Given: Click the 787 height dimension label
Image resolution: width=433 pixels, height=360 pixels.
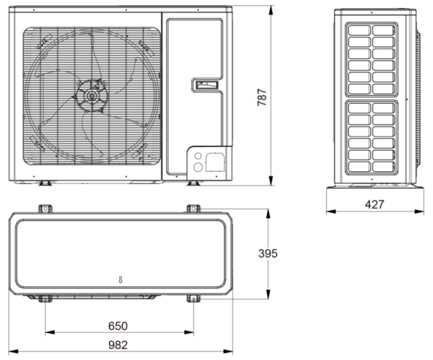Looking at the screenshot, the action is click(262, 97).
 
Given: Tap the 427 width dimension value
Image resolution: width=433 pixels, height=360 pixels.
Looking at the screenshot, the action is click(375, 205).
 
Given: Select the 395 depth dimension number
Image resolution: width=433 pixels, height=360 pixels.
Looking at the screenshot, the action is click(268, 253).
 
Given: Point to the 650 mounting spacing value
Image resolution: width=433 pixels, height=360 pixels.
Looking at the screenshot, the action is click(118, 326).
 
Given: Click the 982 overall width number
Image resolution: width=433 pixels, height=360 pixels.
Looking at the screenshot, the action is click(118, 345).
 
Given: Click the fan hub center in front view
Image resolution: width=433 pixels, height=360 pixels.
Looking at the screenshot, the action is click(91, 96).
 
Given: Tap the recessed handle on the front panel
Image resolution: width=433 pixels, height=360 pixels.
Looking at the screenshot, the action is click(206, 85).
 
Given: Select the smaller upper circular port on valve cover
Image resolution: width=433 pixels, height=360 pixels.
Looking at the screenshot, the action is click(198, 155).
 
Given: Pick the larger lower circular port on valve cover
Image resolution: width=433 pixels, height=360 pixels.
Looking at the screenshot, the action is click(198, 167).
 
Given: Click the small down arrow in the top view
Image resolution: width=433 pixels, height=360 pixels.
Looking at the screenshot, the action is click(120, 279).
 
